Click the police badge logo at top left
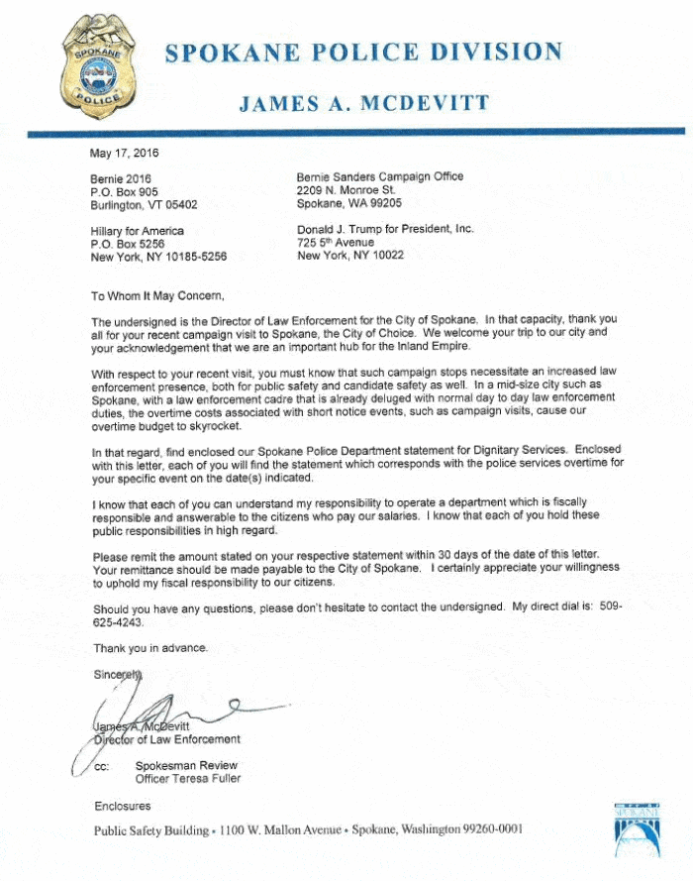tap(95, 65)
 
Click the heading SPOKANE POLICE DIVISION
tap(363, 53)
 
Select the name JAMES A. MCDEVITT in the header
tap(363, 103)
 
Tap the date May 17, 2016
tap(124, 153)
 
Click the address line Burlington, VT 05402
tap(144, 205)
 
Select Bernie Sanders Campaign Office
tap(380, 177)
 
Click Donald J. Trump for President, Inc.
tap(385, 229)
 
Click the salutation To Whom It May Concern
tap(158, 295)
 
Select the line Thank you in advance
tap(150, 648)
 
